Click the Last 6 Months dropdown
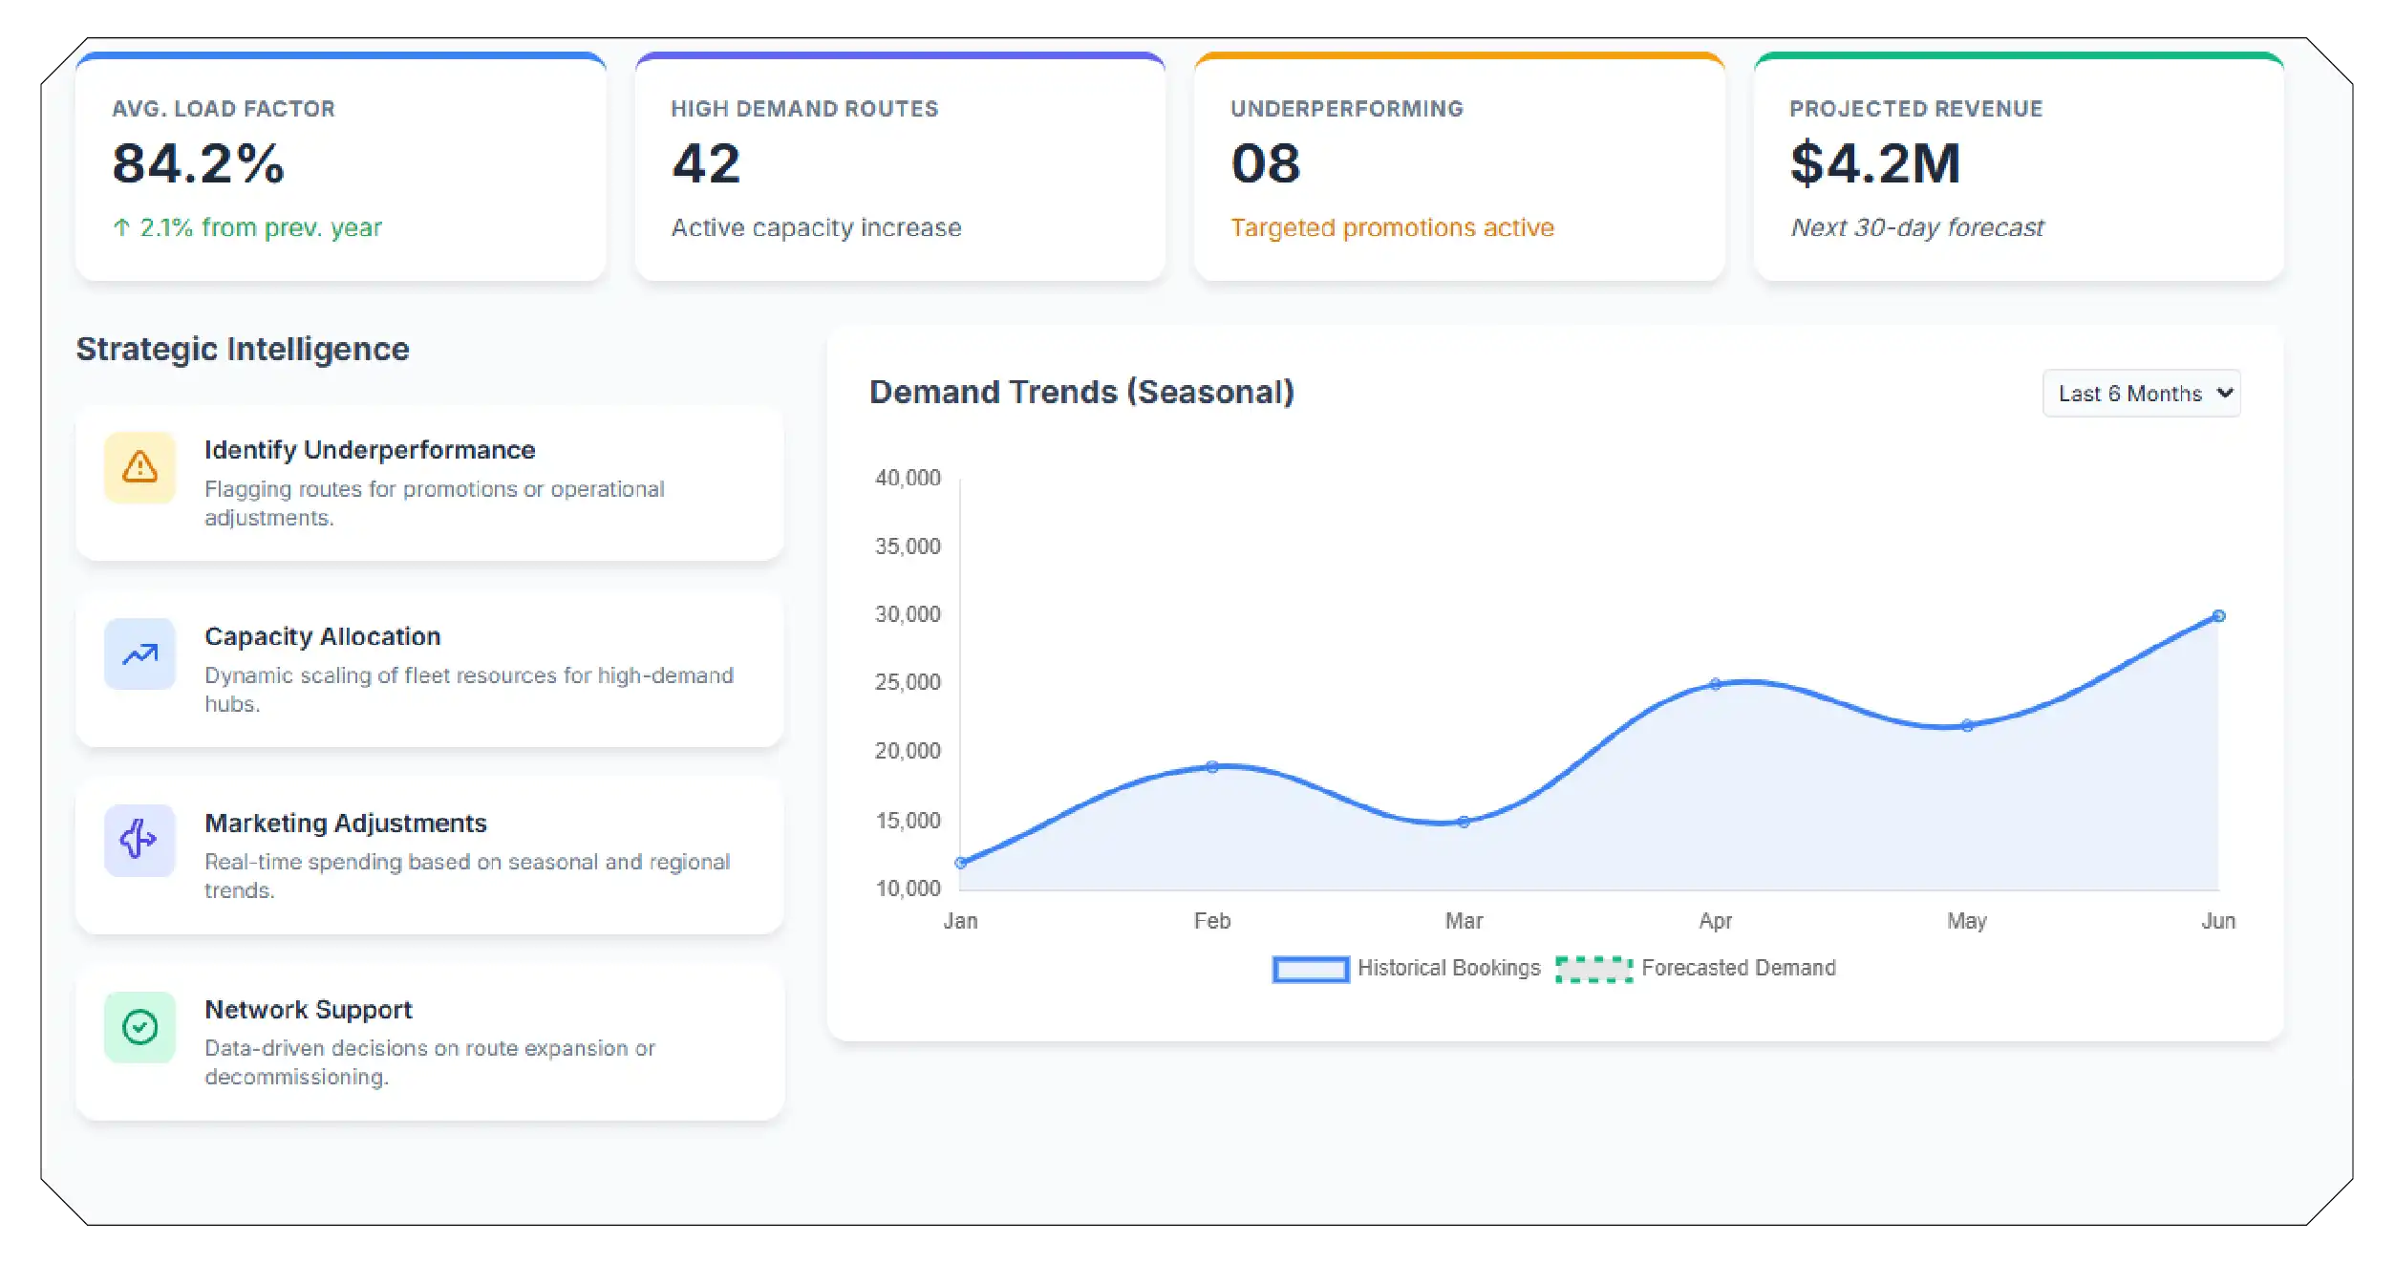[x=2140, y=394]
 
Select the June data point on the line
[x=2218, y=616]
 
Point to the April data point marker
[x=1715, y=684]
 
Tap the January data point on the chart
[x=961, y=863]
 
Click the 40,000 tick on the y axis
[x=908, y=478]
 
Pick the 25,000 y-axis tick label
[x=908, y=682]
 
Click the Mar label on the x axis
[x=1464, y=921]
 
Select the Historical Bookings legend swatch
[x=1310, y=969]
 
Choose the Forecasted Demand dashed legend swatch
[x=1593, y=969]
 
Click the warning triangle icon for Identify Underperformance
[x=139, y=467]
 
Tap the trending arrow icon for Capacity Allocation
[x=139, y=654]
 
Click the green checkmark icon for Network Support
[x=139, y=1027]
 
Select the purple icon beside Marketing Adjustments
[x=139, y=840]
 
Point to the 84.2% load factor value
[x=199, y=163]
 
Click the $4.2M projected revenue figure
[x=1874, y=163]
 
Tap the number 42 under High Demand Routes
[x=706, y=163]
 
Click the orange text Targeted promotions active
[x=1392, y=227]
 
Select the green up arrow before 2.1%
[x=121, y=227]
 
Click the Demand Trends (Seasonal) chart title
[x=1081, y=392]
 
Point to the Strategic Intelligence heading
[x=243, y=349]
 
